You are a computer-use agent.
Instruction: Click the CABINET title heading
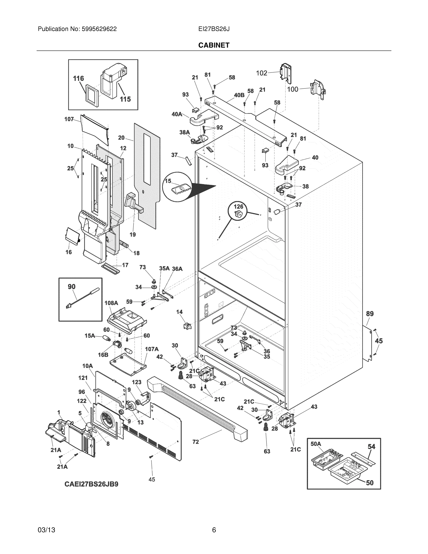(214, 45)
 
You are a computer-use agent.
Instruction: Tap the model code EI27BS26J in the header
(214, 29)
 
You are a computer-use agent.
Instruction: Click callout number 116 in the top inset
(78, 78)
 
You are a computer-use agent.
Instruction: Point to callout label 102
(262, 73)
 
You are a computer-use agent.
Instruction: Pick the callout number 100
(293, 89)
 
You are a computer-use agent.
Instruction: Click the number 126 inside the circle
(238, 207)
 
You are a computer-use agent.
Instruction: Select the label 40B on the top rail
(239, 95)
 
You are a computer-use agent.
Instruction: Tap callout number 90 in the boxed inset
(72, 287)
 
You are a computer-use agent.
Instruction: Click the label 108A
(111, 303)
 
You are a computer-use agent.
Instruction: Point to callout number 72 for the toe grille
(195, 442)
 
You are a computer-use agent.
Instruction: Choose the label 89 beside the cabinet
(370, 314)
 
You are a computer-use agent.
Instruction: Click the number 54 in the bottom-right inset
(371, 446)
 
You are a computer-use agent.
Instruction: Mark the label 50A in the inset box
(316, 444)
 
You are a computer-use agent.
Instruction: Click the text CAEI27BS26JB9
(91, 484)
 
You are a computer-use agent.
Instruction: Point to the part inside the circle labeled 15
(180, 189)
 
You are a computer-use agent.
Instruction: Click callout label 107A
(152, 349)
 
